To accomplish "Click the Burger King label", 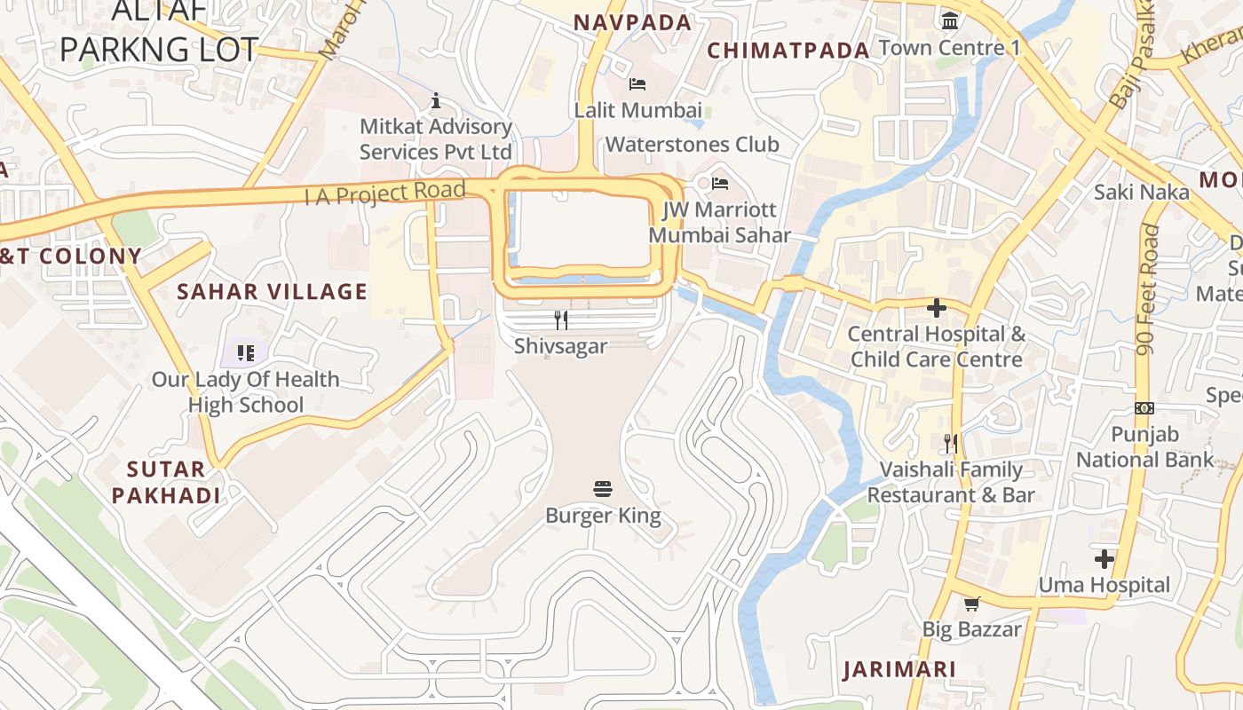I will coord(603,516).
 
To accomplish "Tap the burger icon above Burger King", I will coord(603,489).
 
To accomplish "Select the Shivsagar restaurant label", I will coord(560,346).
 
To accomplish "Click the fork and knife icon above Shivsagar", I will coord(560,319).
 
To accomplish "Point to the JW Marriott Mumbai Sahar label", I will coord(719,222).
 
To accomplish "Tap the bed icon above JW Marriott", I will coord(720,184).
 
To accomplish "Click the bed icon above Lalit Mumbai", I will coord(637,84).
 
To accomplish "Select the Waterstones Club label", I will coord(692,144).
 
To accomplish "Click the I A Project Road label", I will coord(384,192).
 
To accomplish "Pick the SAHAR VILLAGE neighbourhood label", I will coord(272,291).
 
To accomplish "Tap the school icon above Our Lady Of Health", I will coord(246,353).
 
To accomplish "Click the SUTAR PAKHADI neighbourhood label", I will coord(166,482).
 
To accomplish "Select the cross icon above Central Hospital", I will coord(936,308).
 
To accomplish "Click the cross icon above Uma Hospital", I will coord(1104,559).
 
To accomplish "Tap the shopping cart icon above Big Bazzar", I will coord(971,604).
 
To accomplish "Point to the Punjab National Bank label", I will coord(1144,446).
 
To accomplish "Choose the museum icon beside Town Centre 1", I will coord(950,20).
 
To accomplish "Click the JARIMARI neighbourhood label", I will coord(899,669).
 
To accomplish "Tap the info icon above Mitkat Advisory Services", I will coord(435,100).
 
